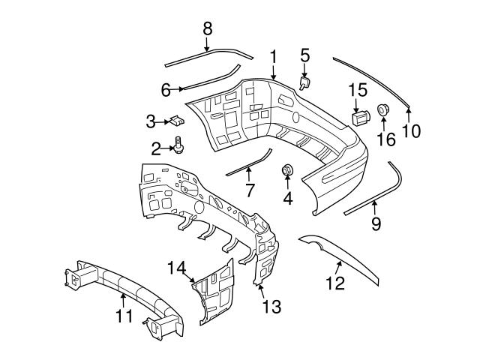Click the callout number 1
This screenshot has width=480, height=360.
pos(274,56)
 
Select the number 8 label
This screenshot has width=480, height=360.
pos(208,28)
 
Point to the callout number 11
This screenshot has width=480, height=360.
pos(123,316)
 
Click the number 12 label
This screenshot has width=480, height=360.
pos(334,283)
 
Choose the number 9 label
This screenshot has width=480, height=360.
pos(376,223)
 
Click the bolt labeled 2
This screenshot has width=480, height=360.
pos(179,145)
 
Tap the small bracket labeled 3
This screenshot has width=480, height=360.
pos(176,120)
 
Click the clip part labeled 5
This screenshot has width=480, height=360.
pos(306,82)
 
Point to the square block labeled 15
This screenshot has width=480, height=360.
pos(361,118)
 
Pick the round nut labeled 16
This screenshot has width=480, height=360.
pos(383,111)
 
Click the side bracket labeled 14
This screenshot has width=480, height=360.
pos(214,292)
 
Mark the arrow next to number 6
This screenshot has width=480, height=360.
pos(180,89)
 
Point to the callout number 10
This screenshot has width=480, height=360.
pos(410,130)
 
